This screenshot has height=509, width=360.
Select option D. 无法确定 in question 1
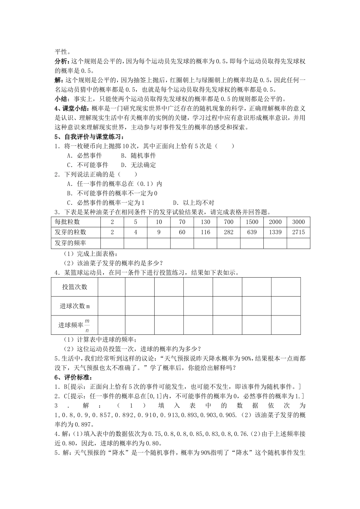click(x=138, y=165)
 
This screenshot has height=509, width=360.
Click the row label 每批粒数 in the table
click(x=67, y=222)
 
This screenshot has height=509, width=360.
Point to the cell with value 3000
click(x=298, y=222)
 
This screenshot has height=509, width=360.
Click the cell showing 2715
click(x=298, y=232)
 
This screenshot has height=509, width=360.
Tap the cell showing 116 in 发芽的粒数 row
click(x=205, y=232)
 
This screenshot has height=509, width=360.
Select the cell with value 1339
click(x=275, y=232)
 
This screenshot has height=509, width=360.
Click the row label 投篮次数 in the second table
click(x=75, y=287)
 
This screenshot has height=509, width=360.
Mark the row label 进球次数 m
click(x=75, y=306)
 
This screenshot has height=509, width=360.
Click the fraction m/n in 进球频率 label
click(x=87, y=325)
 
